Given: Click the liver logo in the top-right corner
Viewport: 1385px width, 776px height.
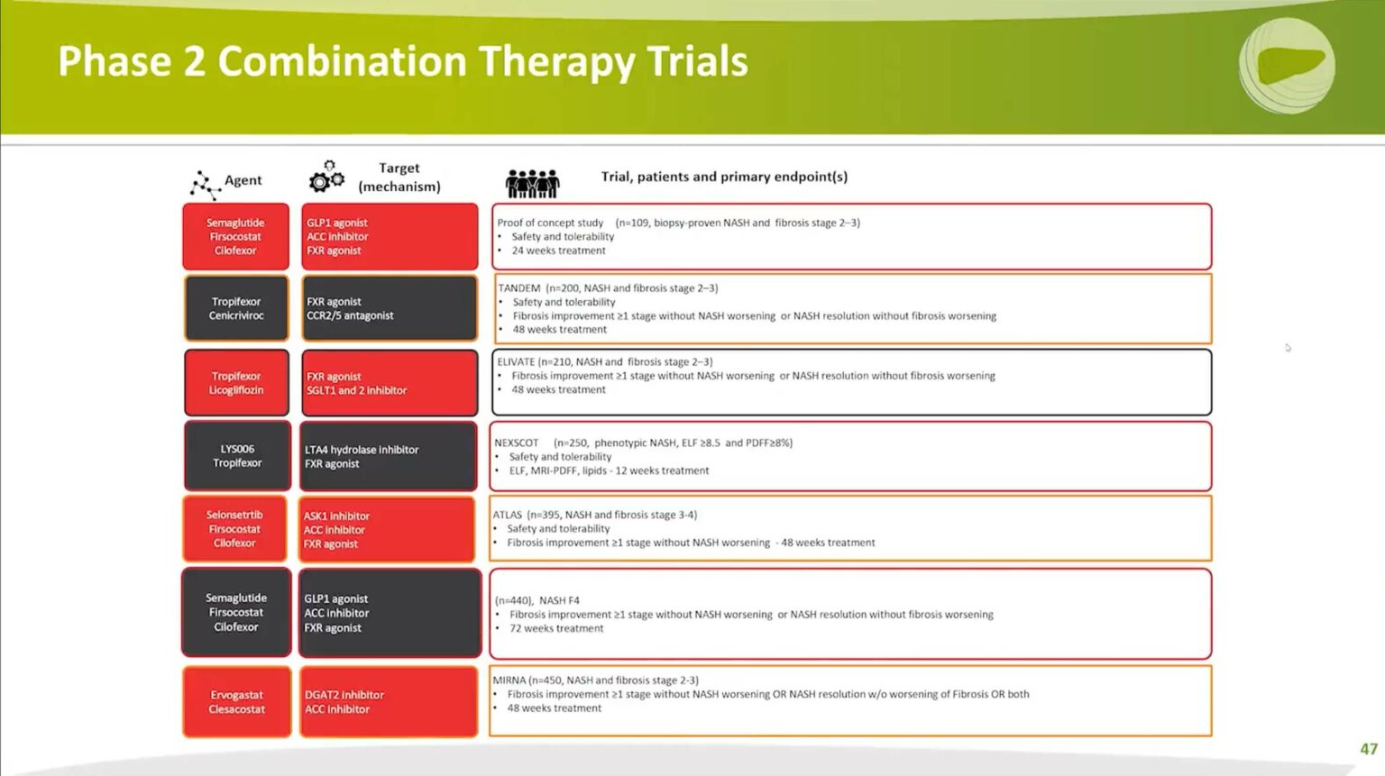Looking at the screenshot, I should coord(1287,66).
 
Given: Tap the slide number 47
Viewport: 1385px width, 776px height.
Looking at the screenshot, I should coord(1368,749).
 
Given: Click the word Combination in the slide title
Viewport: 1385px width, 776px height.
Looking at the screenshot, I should coord(342,62).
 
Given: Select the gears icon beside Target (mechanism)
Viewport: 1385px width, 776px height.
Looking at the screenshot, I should coord(326,177).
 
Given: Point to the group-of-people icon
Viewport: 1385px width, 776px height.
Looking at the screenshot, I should coord(532,183).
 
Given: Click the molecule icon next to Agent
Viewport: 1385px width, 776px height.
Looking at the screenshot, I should coord(205,184).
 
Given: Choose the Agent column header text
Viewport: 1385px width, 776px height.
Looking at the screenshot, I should coord(243,180).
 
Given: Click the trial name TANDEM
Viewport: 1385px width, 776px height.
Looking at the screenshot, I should coord(519,288).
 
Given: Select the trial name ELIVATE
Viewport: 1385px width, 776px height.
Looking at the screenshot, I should coord(516,362).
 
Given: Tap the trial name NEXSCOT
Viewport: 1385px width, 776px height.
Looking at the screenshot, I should coord(516,443).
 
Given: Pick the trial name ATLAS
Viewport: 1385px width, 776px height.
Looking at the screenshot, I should coord(507,516).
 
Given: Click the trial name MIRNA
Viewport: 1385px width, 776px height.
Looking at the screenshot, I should coord(509,680).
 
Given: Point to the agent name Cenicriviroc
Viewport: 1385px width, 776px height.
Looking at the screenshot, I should coord(236,315).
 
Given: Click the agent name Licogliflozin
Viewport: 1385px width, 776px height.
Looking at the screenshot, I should coord(236,390).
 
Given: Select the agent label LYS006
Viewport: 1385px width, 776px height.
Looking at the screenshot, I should coord(237,449).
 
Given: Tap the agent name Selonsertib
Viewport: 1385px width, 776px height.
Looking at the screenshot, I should coord(234,516).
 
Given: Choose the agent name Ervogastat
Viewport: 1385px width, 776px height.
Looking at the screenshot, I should coord(236,695).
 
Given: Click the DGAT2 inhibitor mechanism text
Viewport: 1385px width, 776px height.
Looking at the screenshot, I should coord(344,695).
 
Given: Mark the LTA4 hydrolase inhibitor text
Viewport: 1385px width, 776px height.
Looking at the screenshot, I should coord(361,450).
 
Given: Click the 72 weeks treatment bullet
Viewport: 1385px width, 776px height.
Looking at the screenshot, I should coord(556,628).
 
